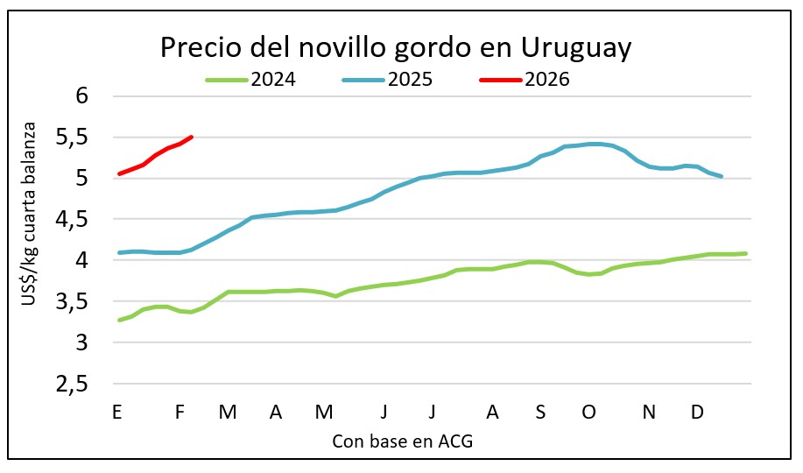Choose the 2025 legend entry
pyautogui.click(x=410, y=80)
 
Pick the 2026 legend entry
pyautogui.click(x=547, y=80)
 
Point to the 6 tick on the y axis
pyautogui.click(x=83, y=95)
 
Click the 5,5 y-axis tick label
pyautogui.click(x=74, y=137)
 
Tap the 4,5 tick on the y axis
pyautogui.click(x=74, y=219)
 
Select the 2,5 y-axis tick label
pyautogui.click(x=74, y=385)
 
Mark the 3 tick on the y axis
pyautogui.click(x=83, y=343)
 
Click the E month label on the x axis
pyautogui.click(x=116, y=413)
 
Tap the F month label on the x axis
pyautogui.click(x=180, y=413)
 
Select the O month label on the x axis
pyautogui.click(x=588, y=413)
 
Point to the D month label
pyautogui.click(x=697, y=413)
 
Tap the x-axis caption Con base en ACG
pyautogui.click(x=403, y=441)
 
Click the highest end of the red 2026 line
pyautogui.click(x=191, y=137)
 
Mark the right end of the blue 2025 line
pyautogui.click(x=721, y=177)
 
